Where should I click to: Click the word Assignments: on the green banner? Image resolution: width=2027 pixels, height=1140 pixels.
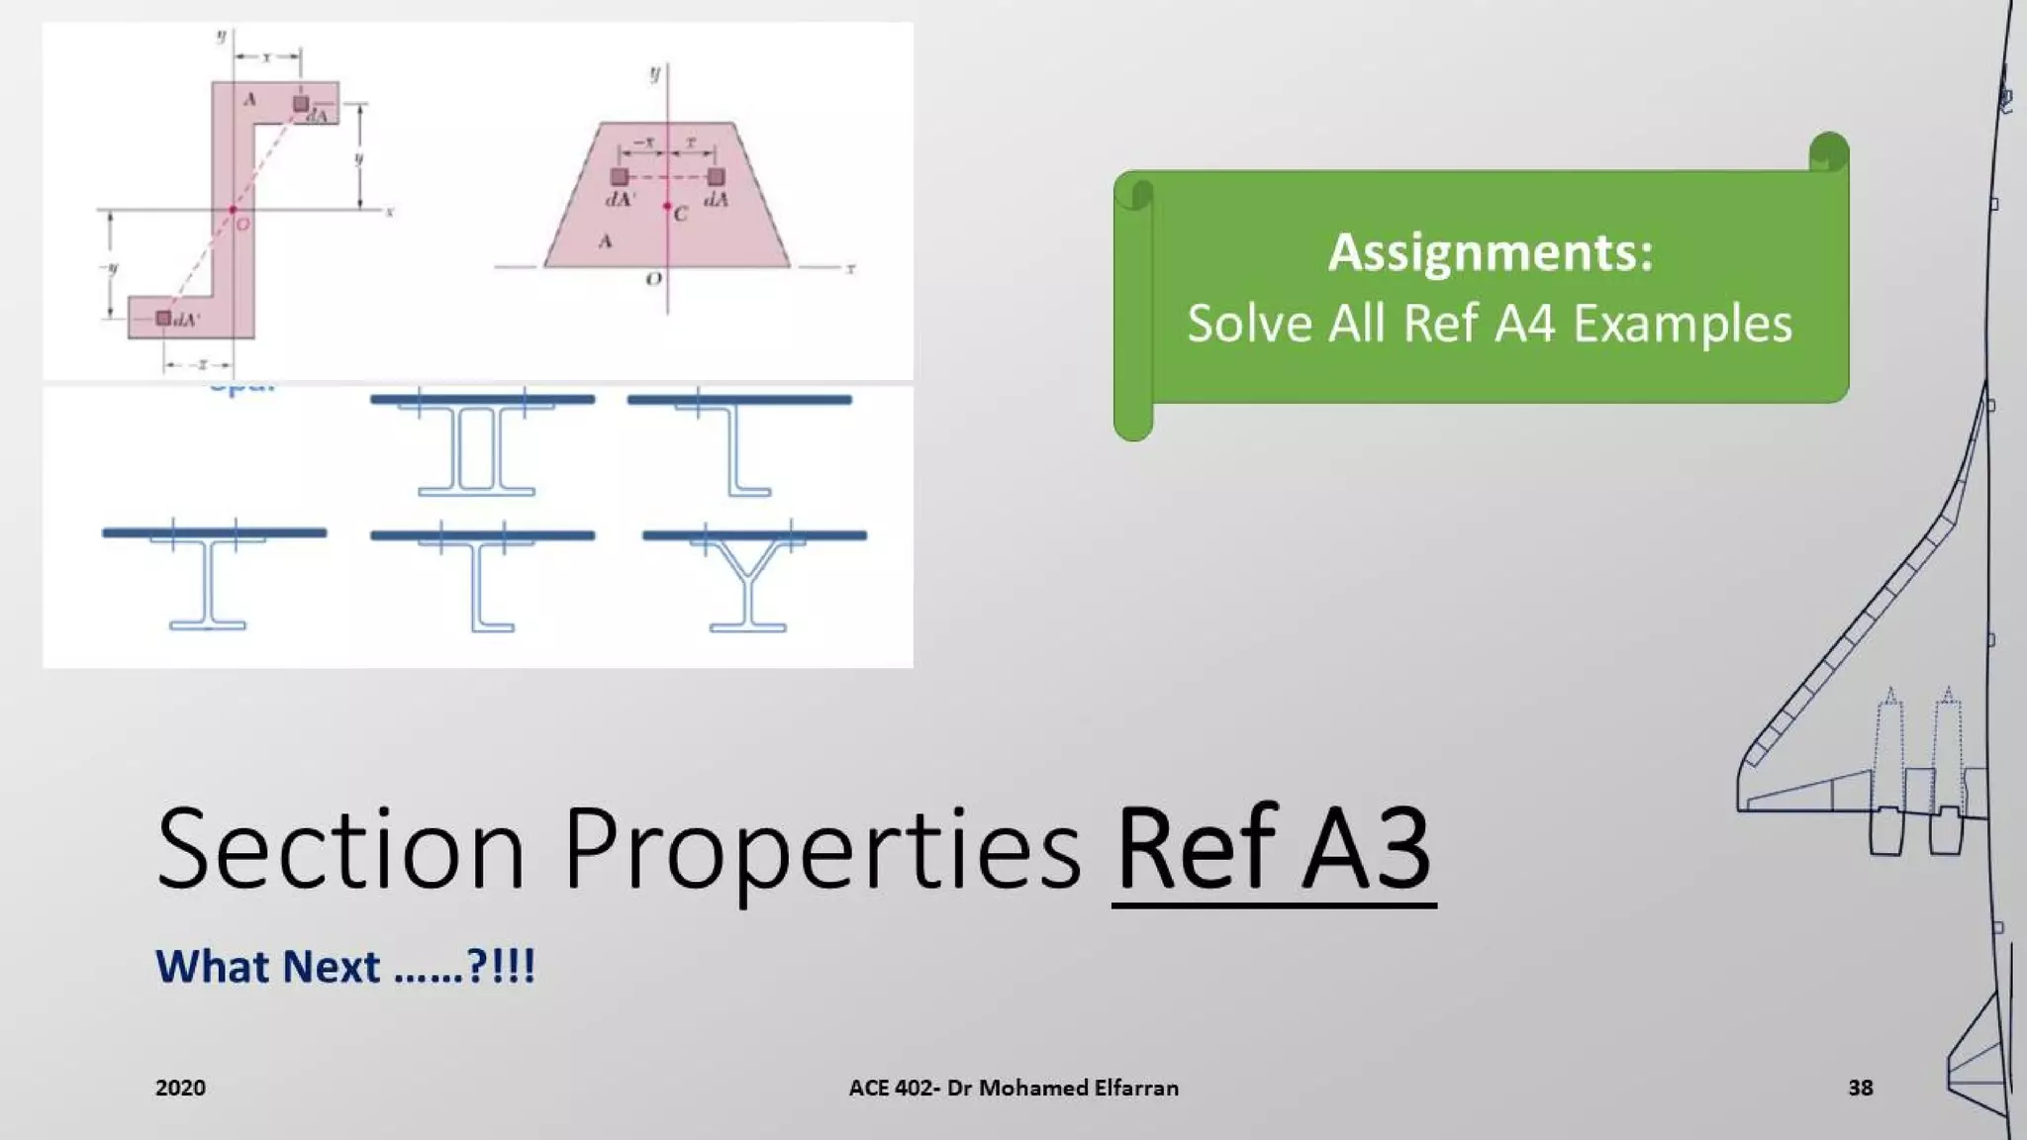[x=1490, y=252]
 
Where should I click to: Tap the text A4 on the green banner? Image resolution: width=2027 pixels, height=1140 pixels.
[x=1523, y=324]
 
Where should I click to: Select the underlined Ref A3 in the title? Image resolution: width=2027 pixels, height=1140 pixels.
[x=1274, y=849]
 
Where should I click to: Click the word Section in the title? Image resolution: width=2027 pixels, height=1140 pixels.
[x=339, y=849]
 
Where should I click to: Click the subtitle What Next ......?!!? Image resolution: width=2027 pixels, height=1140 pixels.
[x=344, y=967]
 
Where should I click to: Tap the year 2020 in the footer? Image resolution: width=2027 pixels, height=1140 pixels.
[x=180, y=1088]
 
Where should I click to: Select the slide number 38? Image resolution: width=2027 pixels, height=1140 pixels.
[x=1860, y=1088]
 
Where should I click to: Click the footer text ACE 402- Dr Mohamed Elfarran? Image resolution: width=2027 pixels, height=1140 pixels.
[x=1013, y=1088]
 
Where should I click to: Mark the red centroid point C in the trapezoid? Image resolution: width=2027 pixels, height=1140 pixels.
[x=668, y=206]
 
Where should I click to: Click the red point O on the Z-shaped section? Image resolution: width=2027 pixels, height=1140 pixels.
[x=234, y=210]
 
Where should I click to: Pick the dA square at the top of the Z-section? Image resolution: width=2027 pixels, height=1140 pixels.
[x=301, y=104]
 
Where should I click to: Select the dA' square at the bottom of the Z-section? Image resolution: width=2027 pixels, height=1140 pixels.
[x=163, y=318]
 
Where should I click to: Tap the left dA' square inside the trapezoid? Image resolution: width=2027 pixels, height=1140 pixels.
[x=620, y=177]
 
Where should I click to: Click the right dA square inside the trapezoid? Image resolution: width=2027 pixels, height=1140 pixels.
[x=716, y=177]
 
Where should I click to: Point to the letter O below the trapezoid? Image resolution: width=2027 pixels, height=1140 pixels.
[x=653, y=280]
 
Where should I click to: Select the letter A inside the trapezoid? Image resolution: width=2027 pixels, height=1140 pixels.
[x=606, y=240]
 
